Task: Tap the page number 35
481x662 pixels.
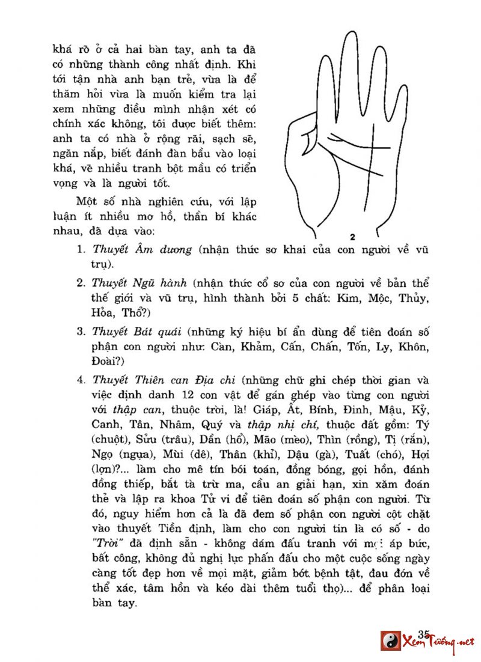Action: pyautogui.click(x=423, y=634)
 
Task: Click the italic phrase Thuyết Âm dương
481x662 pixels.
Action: pyautogui.click(x=142, y=249)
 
